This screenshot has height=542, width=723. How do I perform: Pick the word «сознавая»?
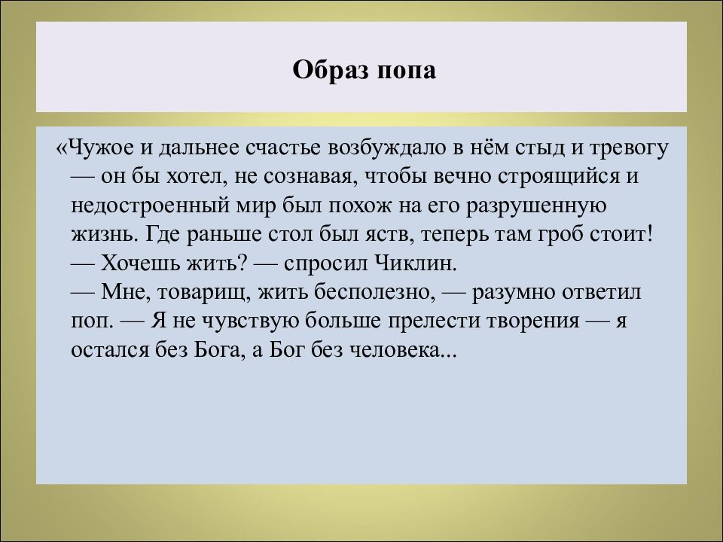[x=309, y=176]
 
